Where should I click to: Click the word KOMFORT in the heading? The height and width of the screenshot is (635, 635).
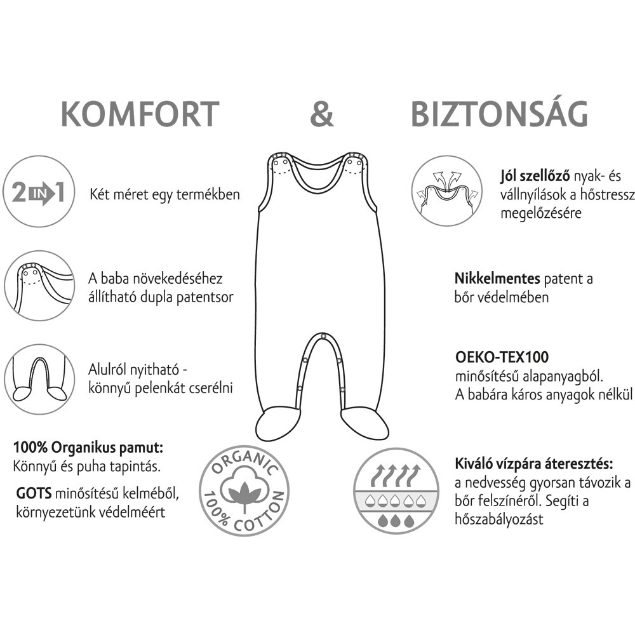(140, 114)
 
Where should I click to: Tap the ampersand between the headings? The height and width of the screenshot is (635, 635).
(321, 114)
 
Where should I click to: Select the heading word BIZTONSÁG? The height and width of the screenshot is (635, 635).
(499, 114)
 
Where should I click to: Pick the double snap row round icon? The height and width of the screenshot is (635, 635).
(39, 286)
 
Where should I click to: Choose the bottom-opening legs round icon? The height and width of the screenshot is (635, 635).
(39, 378)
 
